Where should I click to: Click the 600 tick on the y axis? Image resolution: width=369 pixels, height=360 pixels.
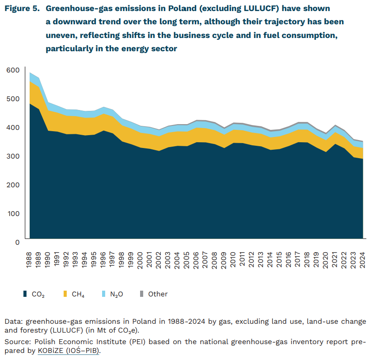tap(13, 70)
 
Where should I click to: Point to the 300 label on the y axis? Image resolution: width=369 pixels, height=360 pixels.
tap(13, 156)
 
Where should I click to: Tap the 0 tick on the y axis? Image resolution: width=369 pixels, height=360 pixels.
tap(17, 242)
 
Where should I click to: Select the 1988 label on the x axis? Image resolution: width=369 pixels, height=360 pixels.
tap(29, 260)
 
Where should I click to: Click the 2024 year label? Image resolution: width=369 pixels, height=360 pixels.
tap(363, 260)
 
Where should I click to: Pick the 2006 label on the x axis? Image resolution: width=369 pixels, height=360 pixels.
tap(196, 260)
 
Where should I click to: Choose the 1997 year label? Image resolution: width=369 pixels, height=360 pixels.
tap(112, 260)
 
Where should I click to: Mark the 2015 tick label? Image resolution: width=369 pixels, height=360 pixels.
tap(279, 260)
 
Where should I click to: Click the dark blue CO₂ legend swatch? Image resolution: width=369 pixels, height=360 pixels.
tap(25, 294)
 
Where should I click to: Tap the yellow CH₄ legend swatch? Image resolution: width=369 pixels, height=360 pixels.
tap(65, 294)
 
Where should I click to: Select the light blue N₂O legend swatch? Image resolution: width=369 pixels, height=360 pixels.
tap(103, 294)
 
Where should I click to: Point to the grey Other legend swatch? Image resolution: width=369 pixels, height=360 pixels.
tap(142, 294)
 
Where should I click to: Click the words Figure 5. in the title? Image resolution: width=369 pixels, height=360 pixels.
tap(22, 8)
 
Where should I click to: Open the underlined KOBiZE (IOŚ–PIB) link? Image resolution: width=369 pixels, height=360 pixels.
tap(68, 351)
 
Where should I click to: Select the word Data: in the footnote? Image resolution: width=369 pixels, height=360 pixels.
tap(14, 322)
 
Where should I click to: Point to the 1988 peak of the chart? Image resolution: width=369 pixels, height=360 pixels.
tap(30, 73)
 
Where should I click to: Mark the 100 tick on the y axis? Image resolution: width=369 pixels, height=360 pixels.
tap(13, 213)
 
